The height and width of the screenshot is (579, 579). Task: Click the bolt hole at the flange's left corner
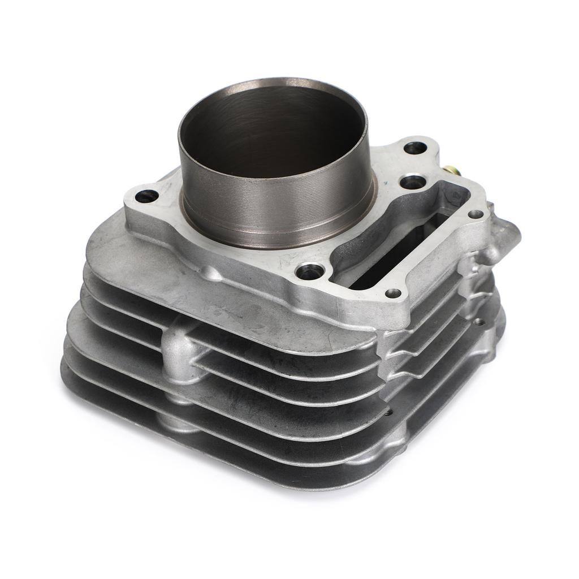pos(147,196)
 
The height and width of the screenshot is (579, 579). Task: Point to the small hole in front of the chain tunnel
pos(392,293)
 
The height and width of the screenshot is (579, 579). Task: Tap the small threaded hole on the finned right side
pos(479,321)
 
